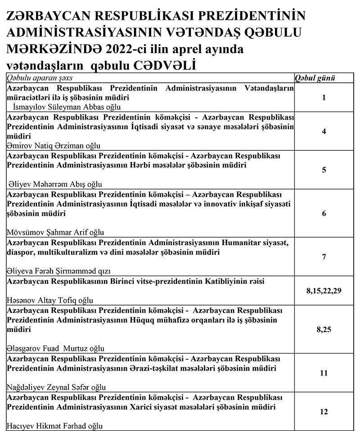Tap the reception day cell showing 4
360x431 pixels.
pyautogui.click(x=324, y=132)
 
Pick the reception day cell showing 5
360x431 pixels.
pyautogui.click(x=324, y=170)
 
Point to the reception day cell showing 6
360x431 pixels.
pyautogui.click(x=324, y=214)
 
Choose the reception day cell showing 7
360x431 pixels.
pyautogui.click(x=324, y=257)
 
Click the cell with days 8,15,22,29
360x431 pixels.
pyautogui.click(x=324, y=291)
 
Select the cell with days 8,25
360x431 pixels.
pyautogui.click(x=324, y=330)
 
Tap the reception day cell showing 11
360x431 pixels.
pyautogui.click(x=324, y=373)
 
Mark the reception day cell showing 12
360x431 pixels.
pyautogui.click(x=324, y=412)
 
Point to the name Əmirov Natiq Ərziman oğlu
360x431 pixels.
pyautogui.click(x=54, y=145)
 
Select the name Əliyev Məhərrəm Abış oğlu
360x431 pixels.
pyautogui.click(x=55, y=184)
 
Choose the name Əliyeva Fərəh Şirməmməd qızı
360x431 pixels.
pyautogui.click(x=59, y=271)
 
